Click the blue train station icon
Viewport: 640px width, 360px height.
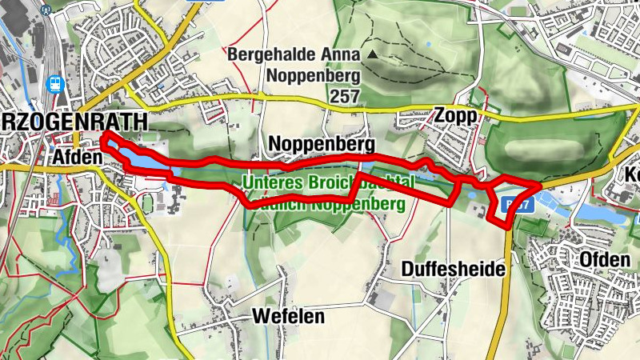click(54, 82)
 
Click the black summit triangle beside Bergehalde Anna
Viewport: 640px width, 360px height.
click(373, 54)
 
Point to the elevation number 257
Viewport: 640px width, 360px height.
click(344, 96)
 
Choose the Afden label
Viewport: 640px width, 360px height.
click(78, 158)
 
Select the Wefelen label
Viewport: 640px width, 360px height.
click(288, 316)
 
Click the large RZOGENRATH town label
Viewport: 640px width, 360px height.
click(74, 122)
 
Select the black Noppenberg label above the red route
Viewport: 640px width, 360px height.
click(322, 144)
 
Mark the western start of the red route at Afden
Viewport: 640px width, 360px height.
click(103, 142)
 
